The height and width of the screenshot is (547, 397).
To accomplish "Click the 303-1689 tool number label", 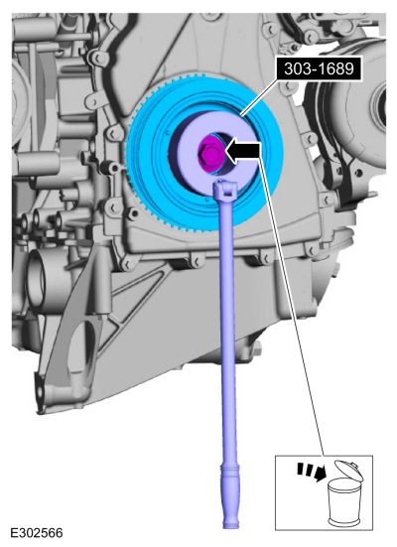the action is [x=319, y=68].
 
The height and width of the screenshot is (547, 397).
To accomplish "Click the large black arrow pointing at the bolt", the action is [x=243, y=152].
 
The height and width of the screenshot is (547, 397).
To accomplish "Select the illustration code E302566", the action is [x=37, y=533].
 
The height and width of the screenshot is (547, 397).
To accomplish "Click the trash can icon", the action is [x=344, y=492].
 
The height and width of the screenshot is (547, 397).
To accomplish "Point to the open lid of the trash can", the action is [x=348, y=471].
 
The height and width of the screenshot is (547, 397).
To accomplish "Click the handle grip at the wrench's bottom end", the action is [x=230, y=495].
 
